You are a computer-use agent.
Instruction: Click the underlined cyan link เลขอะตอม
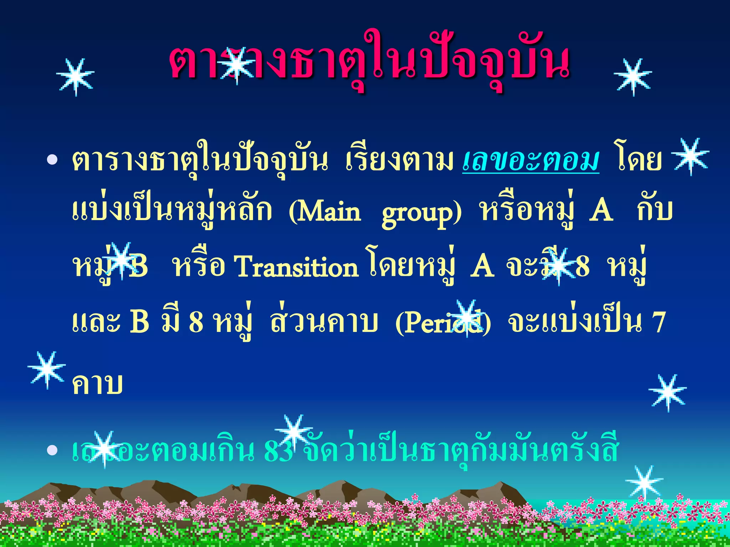pyautogui.click(x=530, y=160)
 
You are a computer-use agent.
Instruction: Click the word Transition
pyautogui.click(x=295, y=267)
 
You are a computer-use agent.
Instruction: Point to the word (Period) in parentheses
pyautogui.click(x=443, y=322)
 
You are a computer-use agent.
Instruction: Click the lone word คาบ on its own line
pyautogui.click(x=97, y=384)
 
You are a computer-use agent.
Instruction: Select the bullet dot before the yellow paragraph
pyautogui.click(x=52, y=160)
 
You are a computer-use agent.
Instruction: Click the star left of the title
pyautogui.click(x=76, y=77)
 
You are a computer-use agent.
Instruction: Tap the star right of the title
pyautogui.click(x=633, y=77)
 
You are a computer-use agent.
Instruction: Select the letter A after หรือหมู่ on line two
pyautogui.click(x=601, y=211)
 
